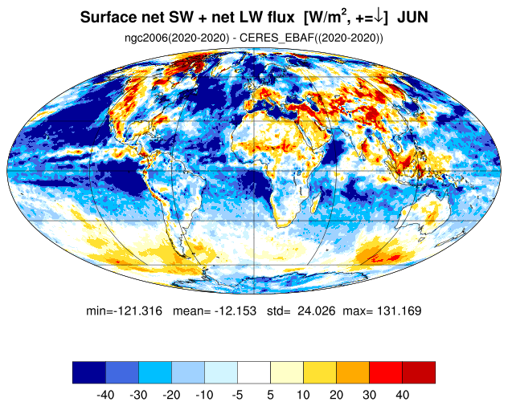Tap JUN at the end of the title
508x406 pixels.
point(412,17)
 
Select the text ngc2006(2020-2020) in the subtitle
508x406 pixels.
point(177,38)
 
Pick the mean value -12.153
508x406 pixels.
point(235,311)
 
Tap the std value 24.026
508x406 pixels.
point(317,311)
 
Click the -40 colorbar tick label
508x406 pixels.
point(105,395)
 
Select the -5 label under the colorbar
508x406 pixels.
point(237,395)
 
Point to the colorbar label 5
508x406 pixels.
point(271,395)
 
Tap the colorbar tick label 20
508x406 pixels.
point(336,395)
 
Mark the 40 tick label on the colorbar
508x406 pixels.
point(403,395)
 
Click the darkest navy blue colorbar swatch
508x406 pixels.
point(89,372)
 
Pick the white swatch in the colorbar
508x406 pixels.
point(254,372)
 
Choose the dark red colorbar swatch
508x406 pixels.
point(419,372)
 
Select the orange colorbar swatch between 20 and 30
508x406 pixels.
point(353,372)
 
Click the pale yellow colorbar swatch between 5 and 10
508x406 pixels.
point(287,372)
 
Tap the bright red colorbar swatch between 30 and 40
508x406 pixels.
point(386,372)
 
